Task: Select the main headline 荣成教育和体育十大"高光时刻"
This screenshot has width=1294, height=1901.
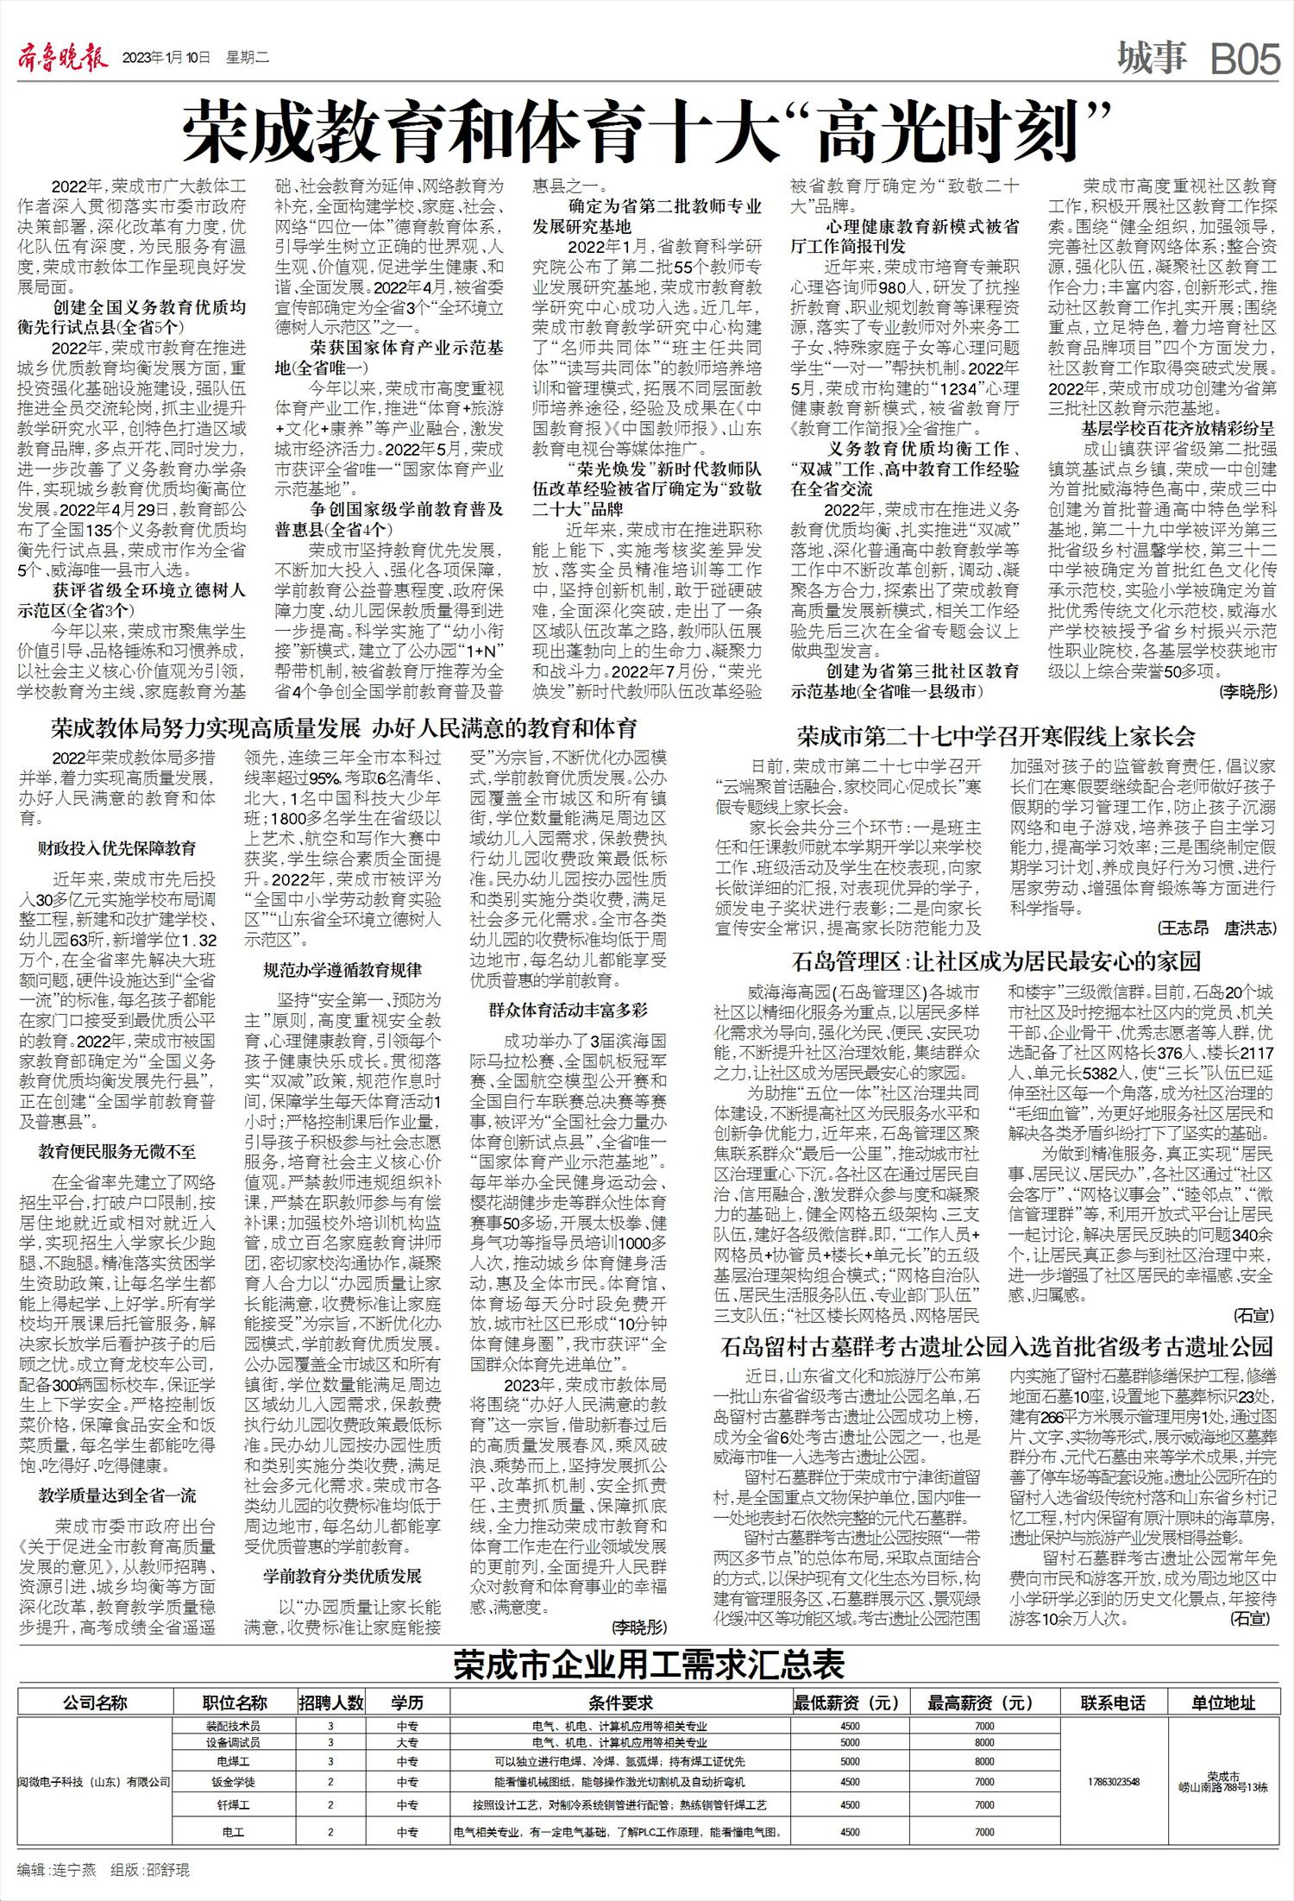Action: click(x=644, y=130)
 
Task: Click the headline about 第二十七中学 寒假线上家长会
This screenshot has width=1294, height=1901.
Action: click(x=996, y=736)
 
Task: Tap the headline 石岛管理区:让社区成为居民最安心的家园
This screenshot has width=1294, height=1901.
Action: click(x=996, y=960)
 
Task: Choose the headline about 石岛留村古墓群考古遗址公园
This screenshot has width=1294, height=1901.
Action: click(x=997, y=1345)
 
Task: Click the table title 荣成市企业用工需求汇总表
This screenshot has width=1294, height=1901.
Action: click(x=650, y=1665)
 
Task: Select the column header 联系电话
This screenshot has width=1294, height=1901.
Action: click(x=1113, y=1703)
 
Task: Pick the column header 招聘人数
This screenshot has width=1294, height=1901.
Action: click(x=331, y=1703)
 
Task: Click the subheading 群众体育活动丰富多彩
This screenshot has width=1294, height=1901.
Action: click(x=568, y=1009)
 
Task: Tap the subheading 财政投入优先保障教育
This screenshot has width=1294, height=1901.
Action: click(x=116, y=848)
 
